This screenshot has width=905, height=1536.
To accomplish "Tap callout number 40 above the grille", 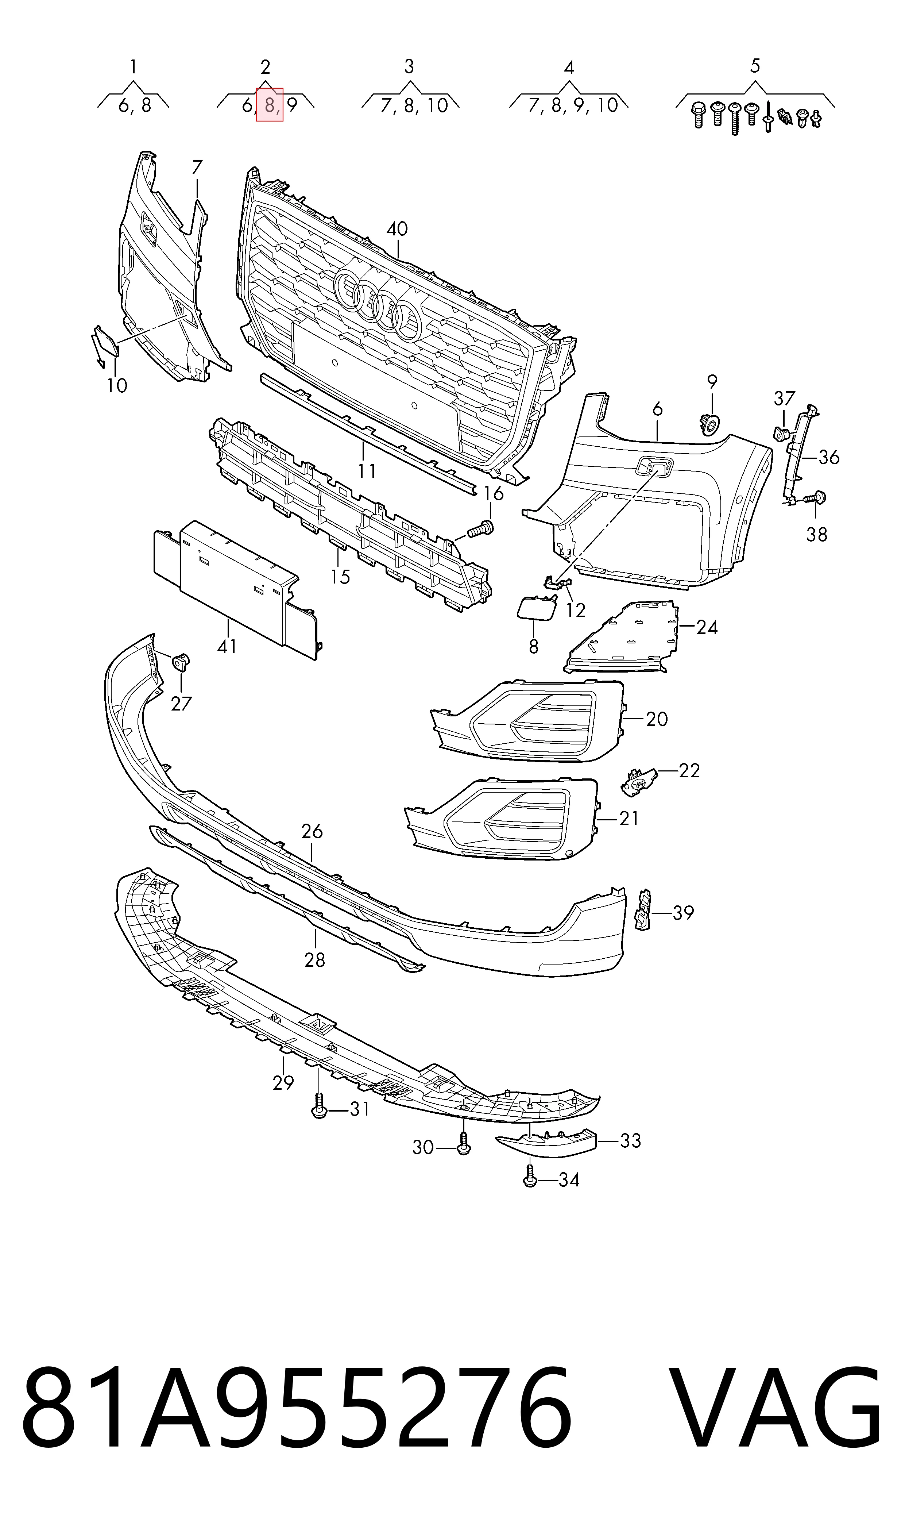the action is (x=397, y=230).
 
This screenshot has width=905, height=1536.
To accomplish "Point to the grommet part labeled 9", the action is (x=710, y=423).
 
